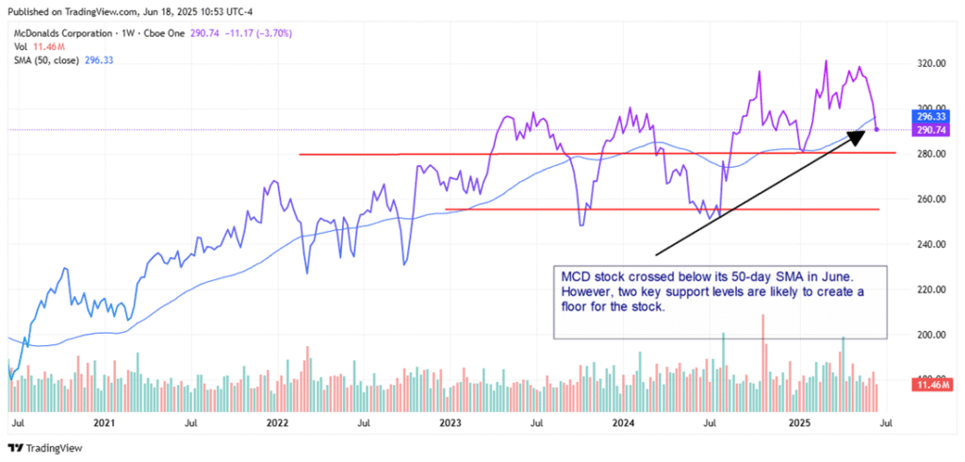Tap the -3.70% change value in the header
point(273,33)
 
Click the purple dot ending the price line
point(876,130)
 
